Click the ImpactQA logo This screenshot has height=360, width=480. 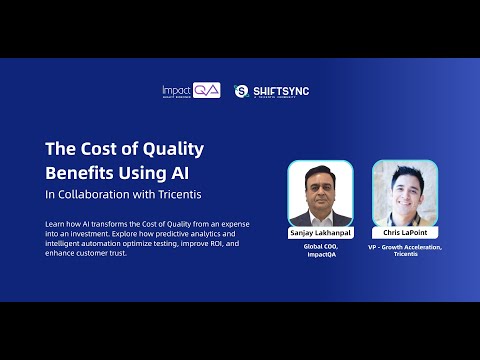coord(191,91)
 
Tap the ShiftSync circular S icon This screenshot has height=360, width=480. coord(241,91)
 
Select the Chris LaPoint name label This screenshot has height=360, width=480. coord(405,231)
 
